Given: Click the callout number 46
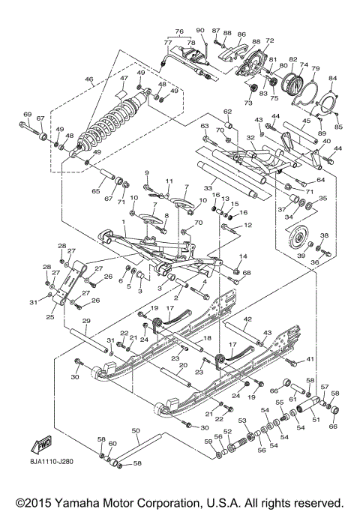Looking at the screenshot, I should point(88,79).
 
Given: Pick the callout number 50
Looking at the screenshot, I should point(135,431).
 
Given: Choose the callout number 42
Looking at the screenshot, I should point(245,319).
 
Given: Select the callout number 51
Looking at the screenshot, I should point(316,419).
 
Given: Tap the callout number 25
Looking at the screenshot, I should point(49,317).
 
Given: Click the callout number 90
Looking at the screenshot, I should point(199,29).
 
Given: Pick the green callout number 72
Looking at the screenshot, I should point(270,39).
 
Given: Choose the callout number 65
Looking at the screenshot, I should point(95,192).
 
